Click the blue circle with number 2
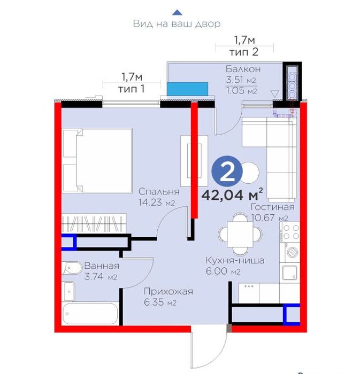[x=227, y=171]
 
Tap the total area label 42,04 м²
[x=232, y=194]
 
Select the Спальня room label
[x=159, y=191]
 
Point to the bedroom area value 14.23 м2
[x=157, y=202]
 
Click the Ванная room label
[x=102, y=266]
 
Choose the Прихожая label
[x=168, y=291]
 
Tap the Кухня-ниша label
[x=235, y=260]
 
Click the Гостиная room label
[x=272, y=207]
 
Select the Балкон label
[x=243, y=69]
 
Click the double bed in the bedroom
[x=97, y=160]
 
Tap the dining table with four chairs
[x=240, y=234]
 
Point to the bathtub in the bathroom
[x=90, y=314]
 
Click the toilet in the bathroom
[x=72, y=268]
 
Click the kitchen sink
[x=290, y=272]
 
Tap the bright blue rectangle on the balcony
[x=187, y=89]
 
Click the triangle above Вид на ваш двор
[x=177, y=12]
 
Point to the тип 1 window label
[x=131, y=89]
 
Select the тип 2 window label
[x=244, y=52]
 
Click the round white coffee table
[x=250, y=173]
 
